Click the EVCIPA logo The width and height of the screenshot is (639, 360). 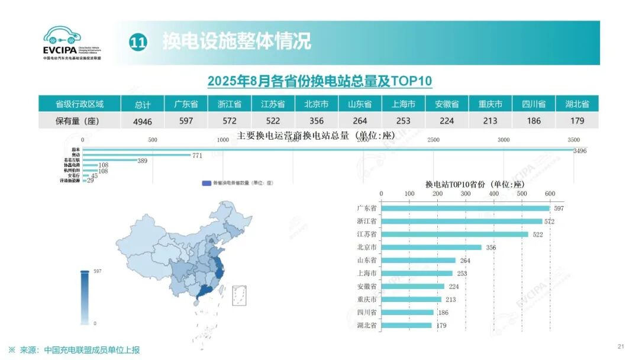pyautogui.click(x=72, y=43)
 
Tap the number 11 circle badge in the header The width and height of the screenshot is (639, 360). pyautogui.click(x=137, y=43)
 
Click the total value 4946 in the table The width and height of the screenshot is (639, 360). pyautogui.click(x=143, y=121)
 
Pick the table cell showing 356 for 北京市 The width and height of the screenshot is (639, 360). pyautogui.click(x=317, y=121)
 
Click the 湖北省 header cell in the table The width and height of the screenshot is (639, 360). pyautogui.click(x=577, y=104)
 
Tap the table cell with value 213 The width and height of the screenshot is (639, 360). pyautogui.click(x=490, y=121)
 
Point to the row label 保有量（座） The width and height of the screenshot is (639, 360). pyautogui.click(x=79, y=121)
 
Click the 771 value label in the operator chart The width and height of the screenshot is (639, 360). pyautogui.click(x=197, y=155)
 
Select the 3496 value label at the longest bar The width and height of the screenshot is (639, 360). pyautogui.click(x=580, y=151)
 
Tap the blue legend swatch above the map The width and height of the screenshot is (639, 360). pyautogui.click(x=206, y=184)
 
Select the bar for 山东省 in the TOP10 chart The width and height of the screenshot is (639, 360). pyautogui.click(x=418, y=260)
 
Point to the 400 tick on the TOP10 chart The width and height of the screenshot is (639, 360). pyautogui.click(x=493, y=194)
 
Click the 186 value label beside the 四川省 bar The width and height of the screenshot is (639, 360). pyautogui.click(x=443, y=312)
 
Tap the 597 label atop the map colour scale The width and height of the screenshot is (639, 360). pyautogui.click(x=98, y=271)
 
